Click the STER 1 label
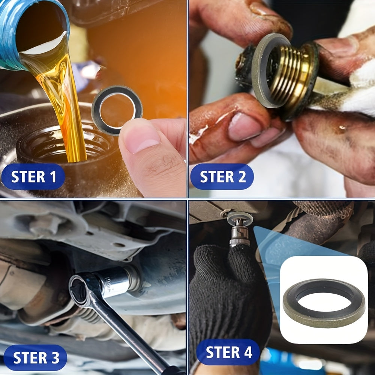click(33, 177)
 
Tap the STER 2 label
click(222, 177)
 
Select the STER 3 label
click(36, 358)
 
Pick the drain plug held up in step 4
click(239, 231)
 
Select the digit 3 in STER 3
click(54, 358)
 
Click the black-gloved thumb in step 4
click(240, 262)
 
